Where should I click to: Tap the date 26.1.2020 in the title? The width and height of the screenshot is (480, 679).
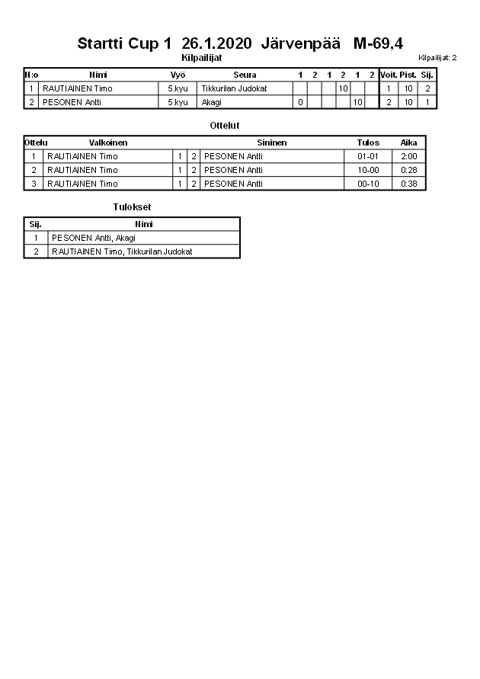pyautogui.click(x=216, y=44)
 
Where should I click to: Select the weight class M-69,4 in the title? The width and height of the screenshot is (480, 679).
pyautogui.click(x=378, y=44)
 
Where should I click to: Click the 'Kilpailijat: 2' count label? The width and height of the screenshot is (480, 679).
pyautogui.click(x=437, y=58)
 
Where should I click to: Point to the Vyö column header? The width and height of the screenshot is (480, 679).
pyautogui.click(x=178, y=75)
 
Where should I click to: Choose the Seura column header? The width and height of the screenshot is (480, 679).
pyautogui.click(x=245, y=75)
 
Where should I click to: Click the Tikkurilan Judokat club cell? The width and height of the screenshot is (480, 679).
pyautogui.click(x=234, y=88)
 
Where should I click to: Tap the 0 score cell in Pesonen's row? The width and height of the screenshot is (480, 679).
pyautogui.click(x=300, y=102)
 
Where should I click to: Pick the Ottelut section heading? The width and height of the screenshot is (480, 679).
pyautogui.click(x=224, y=125)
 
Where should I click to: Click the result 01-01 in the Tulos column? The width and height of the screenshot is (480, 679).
pyautogui.click(x=368, y=156)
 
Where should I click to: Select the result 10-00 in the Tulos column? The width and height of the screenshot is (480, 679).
pyautogui.click(x=368, y=170)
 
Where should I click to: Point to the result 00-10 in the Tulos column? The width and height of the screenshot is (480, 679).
pyautogui.click(x=368, y=184)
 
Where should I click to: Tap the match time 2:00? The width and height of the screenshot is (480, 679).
pyautogui.click(x=408, y=156)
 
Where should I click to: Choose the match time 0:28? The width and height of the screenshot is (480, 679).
pyautogui.click(x=408, y=170)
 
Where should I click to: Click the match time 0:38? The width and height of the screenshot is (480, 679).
pyautogui.click(x=408, y=184)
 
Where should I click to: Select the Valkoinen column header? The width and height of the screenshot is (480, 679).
pyautogui.click(x=108, y=143)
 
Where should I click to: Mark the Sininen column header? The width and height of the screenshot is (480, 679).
pyautogui.click(x=271, y=143)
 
